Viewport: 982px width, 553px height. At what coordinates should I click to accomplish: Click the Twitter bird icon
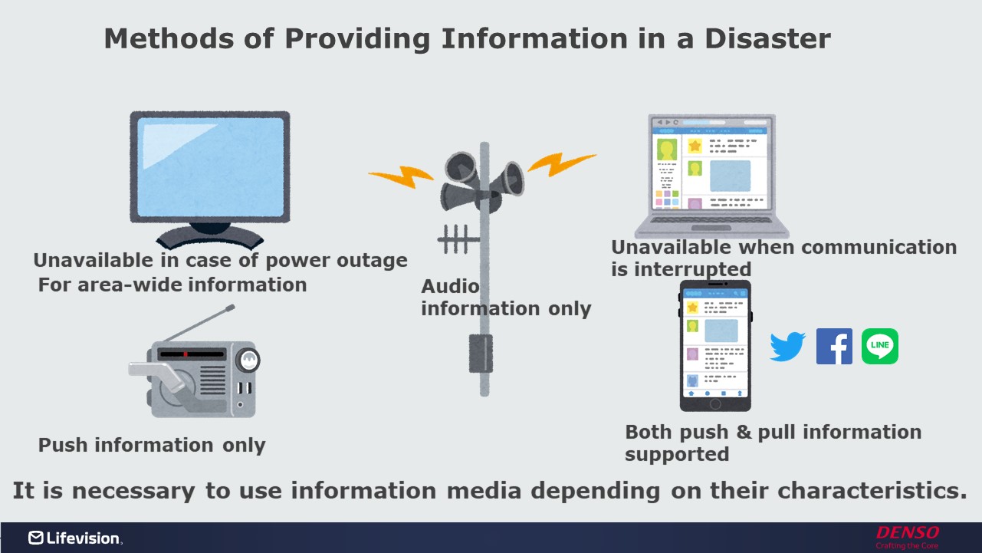click(787, 347)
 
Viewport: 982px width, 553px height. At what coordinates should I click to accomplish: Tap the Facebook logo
click(834, 347)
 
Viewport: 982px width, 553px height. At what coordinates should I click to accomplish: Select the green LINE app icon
click(880, 347)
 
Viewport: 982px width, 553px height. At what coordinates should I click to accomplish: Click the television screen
click(209, 168)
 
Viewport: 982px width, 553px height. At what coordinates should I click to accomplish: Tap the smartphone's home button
click(715, 403)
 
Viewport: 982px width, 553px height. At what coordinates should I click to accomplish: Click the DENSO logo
click(908, 533)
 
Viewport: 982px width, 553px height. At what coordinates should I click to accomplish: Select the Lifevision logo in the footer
click(74, 538)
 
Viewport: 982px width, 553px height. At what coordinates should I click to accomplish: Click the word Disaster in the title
click(771, 38)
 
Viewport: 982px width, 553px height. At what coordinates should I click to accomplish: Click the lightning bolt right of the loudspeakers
click(561, 163)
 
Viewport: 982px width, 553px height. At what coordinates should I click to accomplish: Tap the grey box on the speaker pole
click(481, 354)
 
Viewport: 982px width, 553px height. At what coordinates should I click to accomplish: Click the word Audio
click(450, 287)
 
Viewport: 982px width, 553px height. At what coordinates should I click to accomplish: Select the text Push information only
click(152, 445)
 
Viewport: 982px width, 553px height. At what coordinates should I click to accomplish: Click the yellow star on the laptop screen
click(695, 146)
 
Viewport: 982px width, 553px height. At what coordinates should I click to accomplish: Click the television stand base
click(209, 235)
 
